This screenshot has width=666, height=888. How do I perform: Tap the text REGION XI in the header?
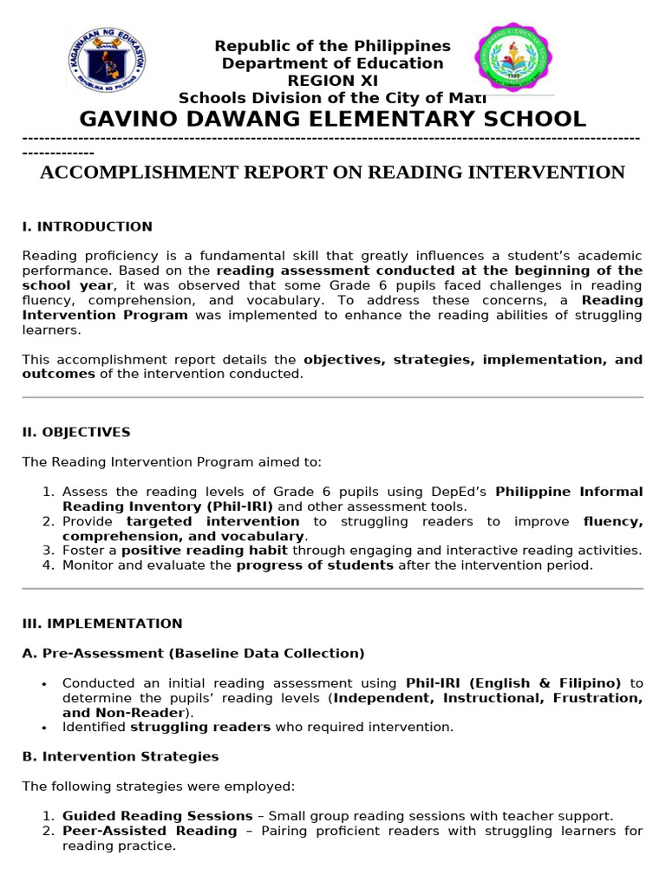332,81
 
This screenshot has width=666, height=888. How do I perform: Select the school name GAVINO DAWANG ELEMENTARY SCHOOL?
332,119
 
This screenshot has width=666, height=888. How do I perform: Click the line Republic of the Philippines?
332,46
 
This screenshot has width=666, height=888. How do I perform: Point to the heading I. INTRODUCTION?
87,226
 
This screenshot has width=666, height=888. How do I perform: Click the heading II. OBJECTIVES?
76,432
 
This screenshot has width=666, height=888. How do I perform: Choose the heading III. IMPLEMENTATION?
102,624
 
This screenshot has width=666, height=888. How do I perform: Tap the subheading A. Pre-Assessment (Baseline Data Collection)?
193,653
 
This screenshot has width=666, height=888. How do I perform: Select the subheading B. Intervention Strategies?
121,756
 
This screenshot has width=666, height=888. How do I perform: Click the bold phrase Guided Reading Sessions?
157,816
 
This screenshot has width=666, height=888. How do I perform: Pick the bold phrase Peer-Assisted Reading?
149,831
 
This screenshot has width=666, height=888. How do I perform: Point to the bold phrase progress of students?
315,565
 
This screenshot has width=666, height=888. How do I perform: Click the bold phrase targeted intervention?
212,521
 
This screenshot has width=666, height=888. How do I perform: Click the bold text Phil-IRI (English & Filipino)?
513,683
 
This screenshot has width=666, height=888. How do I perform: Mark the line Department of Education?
332,63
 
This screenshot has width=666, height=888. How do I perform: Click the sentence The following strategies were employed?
159,787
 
